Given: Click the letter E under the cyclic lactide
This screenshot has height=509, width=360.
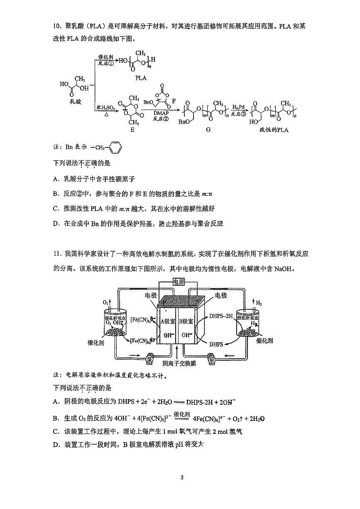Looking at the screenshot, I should [132, 130].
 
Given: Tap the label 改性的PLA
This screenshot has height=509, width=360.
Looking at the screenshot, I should [272, 130].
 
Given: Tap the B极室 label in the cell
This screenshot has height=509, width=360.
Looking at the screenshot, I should [186, 321].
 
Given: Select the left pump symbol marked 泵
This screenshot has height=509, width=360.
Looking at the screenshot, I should [149, 358].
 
